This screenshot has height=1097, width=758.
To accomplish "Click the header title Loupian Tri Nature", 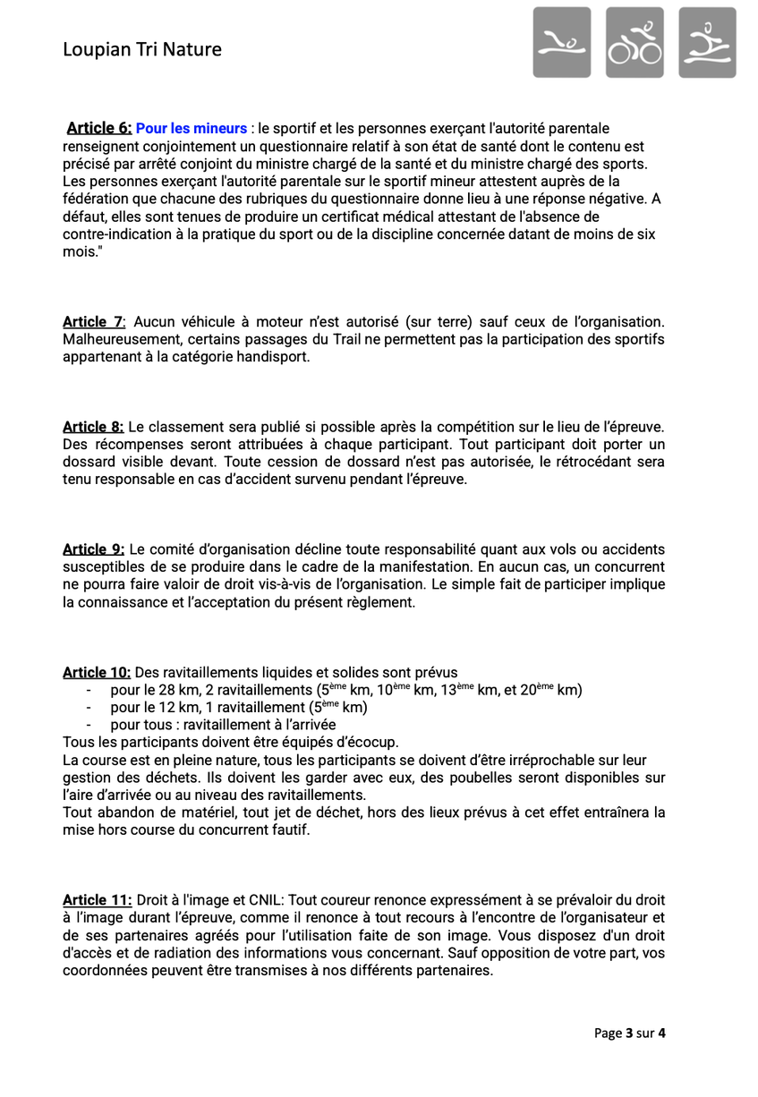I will click(x=142, y=50).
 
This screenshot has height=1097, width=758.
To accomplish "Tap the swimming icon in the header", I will click(x=562, y=42).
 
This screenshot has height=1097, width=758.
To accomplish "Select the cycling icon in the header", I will click(x=635, y=42).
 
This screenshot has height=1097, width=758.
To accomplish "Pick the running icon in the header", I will click(x=707, y=42).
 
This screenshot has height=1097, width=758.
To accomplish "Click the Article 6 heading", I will click(x=99, y=129).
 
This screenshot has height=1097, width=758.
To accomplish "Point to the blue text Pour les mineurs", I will click(x=192, y=129).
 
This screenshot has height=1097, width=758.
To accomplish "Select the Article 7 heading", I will click(x=94, y=321).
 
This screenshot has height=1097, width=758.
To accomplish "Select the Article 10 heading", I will click(x=97, y=672).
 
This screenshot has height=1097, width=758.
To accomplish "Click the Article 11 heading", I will click(x=97, y=900).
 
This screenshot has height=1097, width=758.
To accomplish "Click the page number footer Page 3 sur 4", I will click(x=630, y=1033).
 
